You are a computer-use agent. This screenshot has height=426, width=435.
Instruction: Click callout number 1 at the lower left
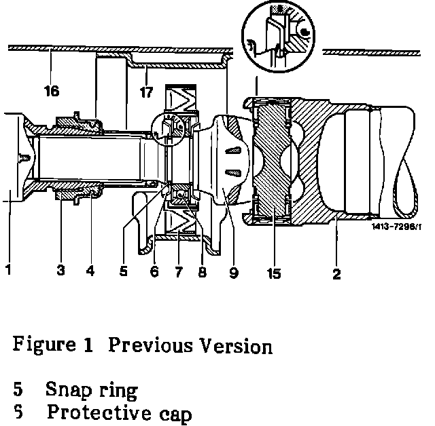tap(9, 270)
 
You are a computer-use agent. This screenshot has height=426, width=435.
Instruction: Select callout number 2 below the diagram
tap(337, 274)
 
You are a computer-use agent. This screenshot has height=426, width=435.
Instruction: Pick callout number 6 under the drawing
tap(154, 272)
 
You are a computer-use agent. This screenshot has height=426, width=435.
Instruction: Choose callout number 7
tap(178, 272)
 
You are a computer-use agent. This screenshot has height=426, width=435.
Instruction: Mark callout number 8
tap(202, 272)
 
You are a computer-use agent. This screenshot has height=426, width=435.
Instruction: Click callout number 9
tap(233, 273)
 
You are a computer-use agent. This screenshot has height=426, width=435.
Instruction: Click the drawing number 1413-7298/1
tap(397, 227)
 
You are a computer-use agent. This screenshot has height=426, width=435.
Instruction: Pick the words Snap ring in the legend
tap(91, 391)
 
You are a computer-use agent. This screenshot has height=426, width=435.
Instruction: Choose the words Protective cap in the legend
tap(119, 412)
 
